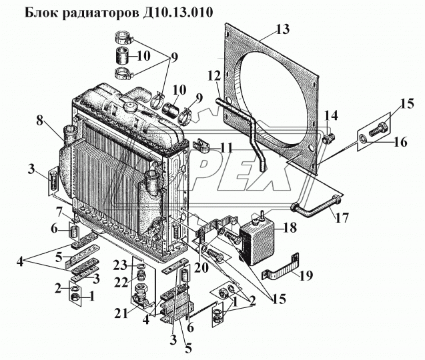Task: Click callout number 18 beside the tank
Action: [x=290, y=227]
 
